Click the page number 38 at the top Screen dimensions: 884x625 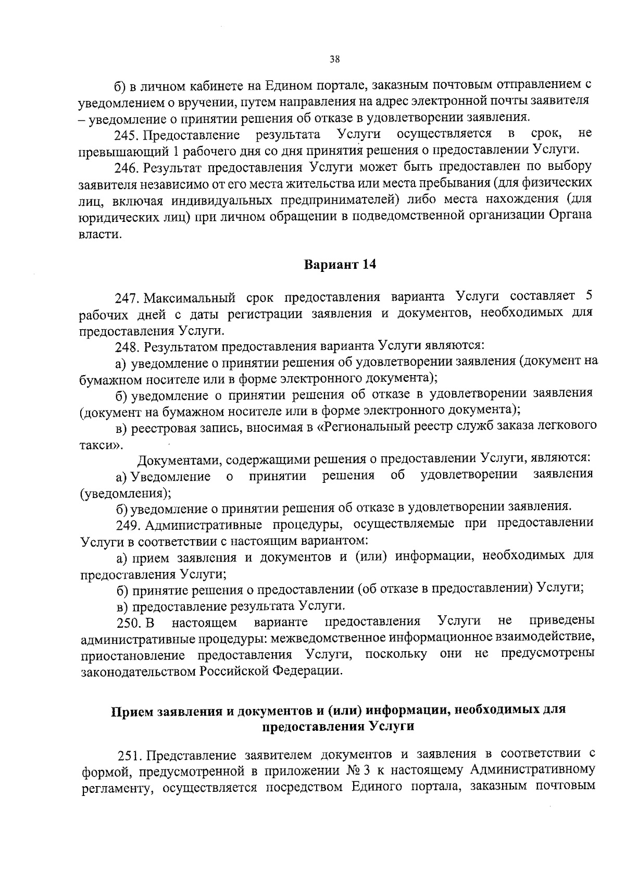point(334,59)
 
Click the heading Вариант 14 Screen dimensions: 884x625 point(340,264)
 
